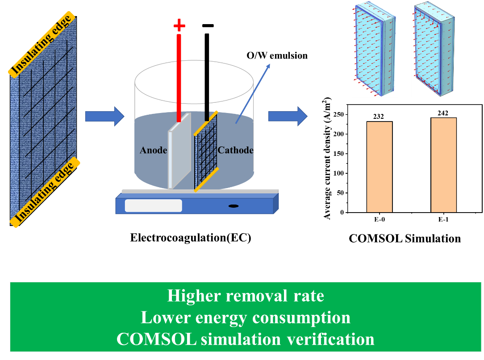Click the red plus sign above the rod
(x=179, y=25)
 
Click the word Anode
(x=153, y=150)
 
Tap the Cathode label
(x=235, y=150)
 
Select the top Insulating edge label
(x=42, y=45)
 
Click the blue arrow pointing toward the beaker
(x=104, y=117)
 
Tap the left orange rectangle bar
(x=379, y=167)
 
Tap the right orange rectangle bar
(x=443, y=165)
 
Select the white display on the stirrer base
(x=153, y=205)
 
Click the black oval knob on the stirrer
(x=233, y=206)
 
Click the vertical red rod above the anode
(x=179, y=76)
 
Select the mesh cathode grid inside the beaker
(x=205, y=152)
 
